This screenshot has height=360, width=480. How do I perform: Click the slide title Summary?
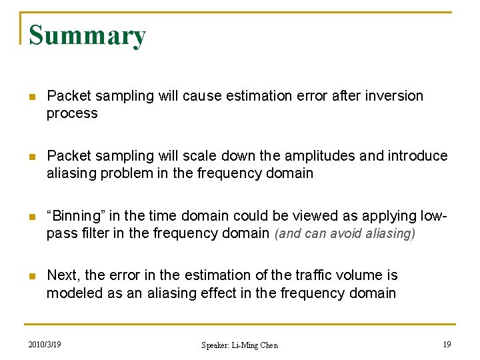click(87, 35)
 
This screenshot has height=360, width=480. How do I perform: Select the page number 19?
click(446, 344)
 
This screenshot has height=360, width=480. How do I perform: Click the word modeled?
click(71, 293)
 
